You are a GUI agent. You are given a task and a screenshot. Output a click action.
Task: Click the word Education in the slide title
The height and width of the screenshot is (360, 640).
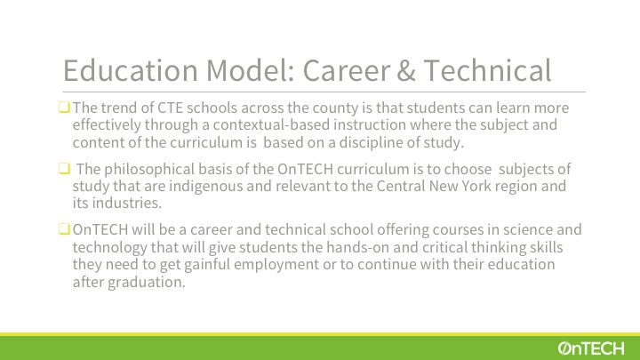[x=131, y=70]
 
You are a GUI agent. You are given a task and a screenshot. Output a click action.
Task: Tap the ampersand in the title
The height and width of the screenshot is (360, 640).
[x=405, y=70]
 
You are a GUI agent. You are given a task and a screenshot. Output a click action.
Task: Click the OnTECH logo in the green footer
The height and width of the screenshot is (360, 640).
[x=590, y=348]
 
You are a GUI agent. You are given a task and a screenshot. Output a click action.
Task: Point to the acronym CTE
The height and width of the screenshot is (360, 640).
[x=170, y=108]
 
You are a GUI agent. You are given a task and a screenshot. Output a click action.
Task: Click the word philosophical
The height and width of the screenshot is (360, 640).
[x=149, y=170]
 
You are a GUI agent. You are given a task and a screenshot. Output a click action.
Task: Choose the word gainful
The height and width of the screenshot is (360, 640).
[x=207, y=265]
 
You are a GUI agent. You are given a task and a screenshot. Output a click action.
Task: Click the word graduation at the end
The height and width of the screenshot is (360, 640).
[x=146, y=283]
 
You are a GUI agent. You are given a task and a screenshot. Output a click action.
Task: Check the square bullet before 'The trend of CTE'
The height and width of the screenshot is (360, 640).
[x=64, y=108]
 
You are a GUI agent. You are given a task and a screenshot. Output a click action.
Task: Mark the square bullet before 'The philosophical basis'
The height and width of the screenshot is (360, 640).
[x=64, y=168]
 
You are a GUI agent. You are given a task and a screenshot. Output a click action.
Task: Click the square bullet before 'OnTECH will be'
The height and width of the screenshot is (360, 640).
[x=64, y=229]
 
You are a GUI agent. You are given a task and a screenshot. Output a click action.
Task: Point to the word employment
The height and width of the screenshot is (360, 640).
[x=276, y=265]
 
